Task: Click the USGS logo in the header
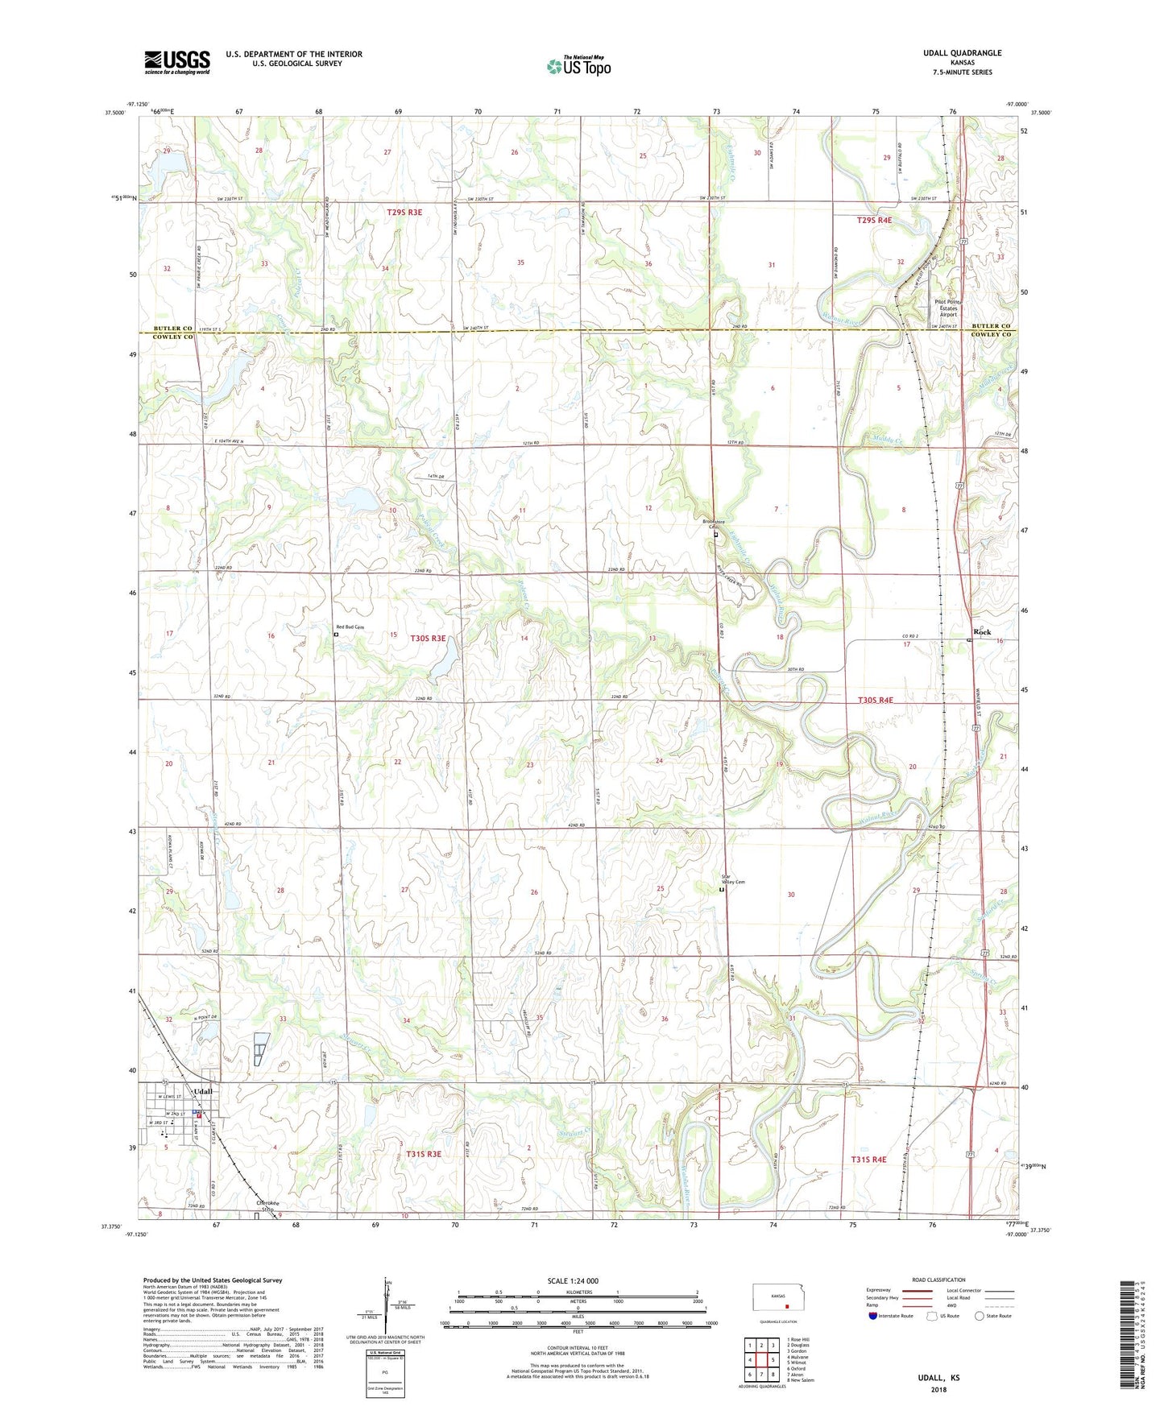177,61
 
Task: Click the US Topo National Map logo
578,66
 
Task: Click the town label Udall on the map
203,1091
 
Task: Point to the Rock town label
982,632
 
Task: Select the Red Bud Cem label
350,627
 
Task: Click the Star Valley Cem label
732,879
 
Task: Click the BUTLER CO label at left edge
173,329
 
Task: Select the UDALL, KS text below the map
938,1378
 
